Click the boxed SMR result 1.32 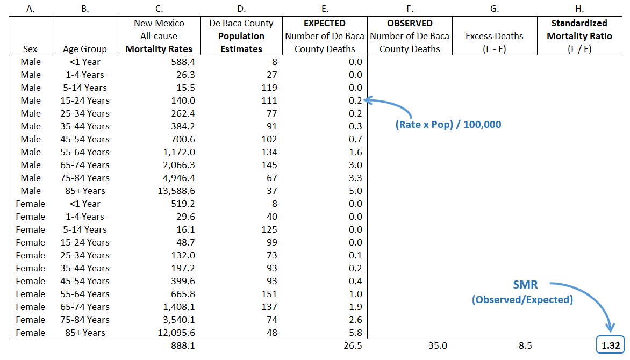tap(611, 345)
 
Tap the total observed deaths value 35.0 tap(436, 345)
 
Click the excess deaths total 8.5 tap(526, 345)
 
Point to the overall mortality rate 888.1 tap(182, 345)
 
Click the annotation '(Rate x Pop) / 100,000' tap(448, 125)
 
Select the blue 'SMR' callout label tap(525, 285)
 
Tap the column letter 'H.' tap(579, 8)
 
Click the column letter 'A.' tap(31, 8)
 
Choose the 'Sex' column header tap(31, 49)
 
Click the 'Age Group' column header tap(84, 49)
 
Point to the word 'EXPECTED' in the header tap(324, 23)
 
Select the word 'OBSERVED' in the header tap(410, 23)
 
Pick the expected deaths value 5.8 tap(355, 333)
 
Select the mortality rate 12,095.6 tap(173, 333)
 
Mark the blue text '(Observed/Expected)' tap(522, 300)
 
